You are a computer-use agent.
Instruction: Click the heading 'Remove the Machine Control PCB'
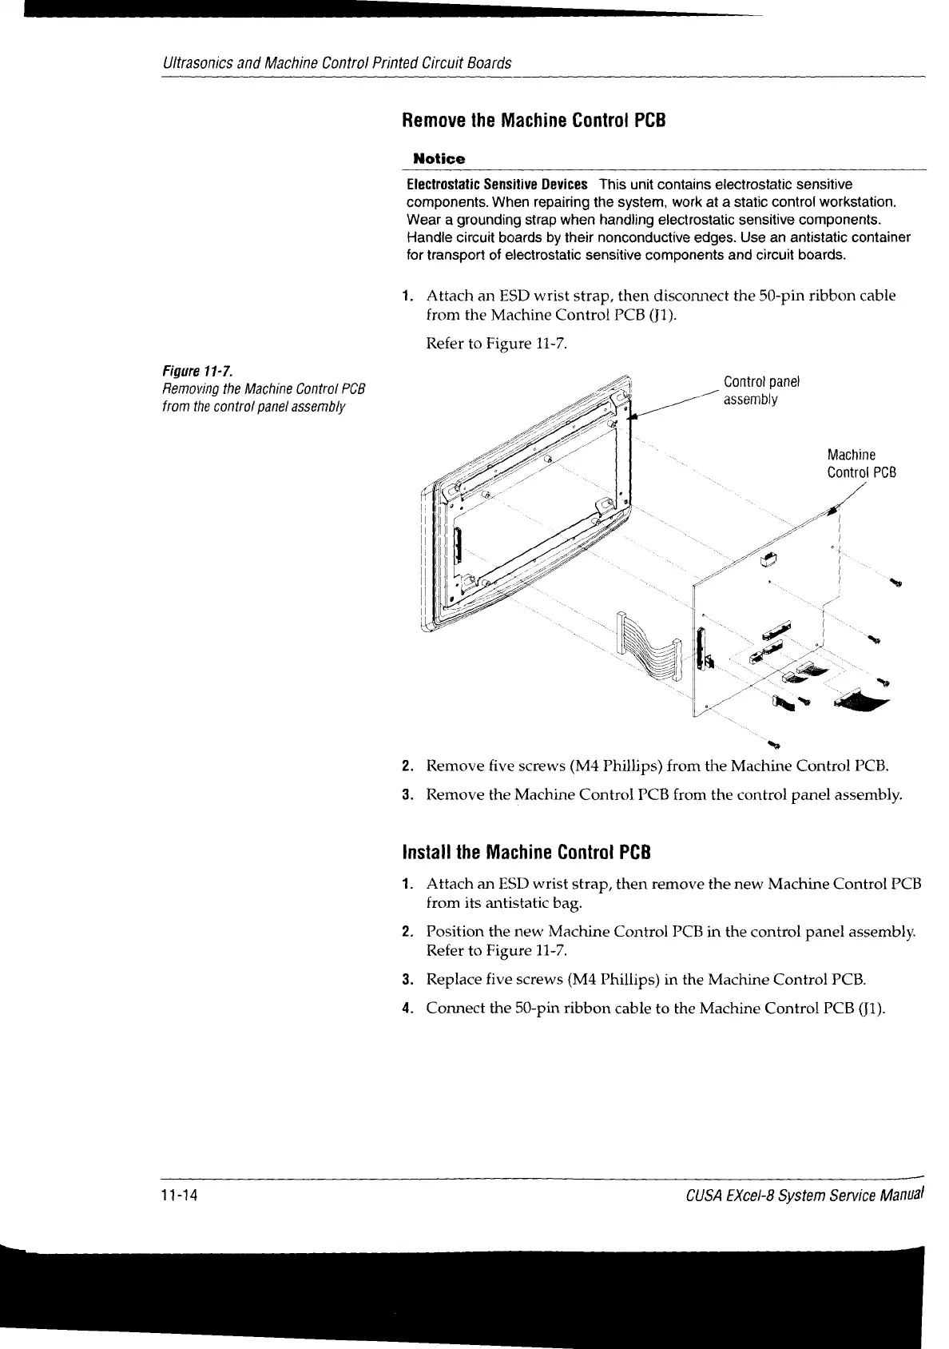point(533,121)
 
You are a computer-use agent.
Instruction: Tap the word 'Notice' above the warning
point(437,159)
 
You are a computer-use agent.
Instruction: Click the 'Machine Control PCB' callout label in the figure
point(861,464)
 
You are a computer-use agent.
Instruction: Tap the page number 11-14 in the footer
point(179,1196)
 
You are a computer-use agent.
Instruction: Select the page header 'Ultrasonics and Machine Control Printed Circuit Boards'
point(336,62)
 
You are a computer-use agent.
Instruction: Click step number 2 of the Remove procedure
point(407,767)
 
